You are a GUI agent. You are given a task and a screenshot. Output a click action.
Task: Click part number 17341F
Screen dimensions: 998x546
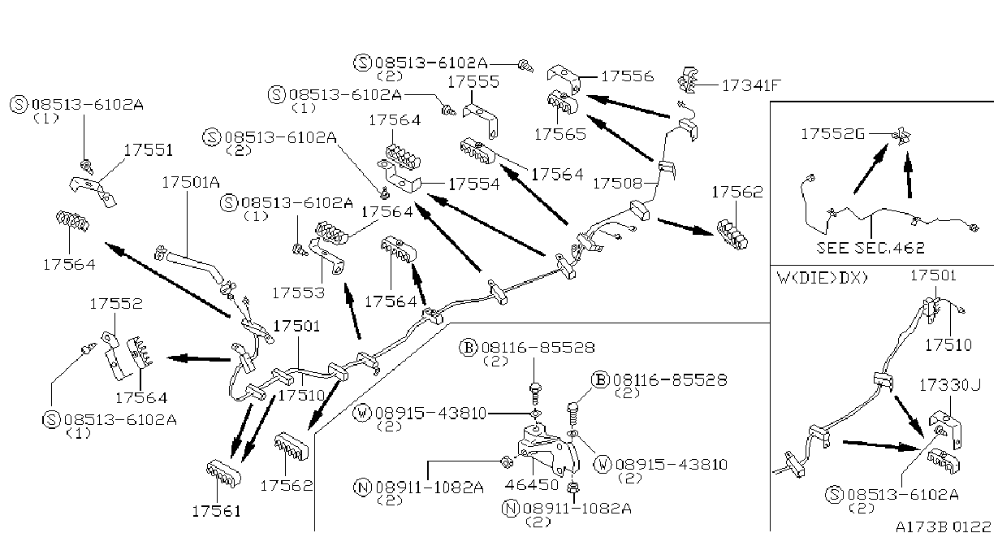(x=751, y=85)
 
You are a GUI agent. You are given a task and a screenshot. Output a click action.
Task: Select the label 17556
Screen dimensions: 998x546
(x=628, y=76)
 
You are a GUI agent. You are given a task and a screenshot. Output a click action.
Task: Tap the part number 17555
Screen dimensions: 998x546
(x=473, y=81)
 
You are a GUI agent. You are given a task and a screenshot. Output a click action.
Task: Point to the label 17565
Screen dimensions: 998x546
(x=560, y=134)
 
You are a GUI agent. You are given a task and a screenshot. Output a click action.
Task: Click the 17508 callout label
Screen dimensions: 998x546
(x=618, y=183)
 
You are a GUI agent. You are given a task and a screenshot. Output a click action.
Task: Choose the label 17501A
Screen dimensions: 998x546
(x=191, y=182)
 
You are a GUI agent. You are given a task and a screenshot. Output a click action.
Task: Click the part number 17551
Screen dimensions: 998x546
(x=148, y=150)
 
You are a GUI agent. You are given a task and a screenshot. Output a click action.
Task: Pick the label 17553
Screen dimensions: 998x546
(x=299, y=292)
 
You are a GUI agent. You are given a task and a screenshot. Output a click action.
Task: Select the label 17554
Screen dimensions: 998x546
(x=474, y=184)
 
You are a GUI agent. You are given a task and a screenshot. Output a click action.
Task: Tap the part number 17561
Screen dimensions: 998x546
(x=217, y=511)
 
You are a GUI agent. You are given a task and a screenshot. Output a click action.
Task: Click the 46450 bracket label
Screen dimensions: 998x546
(x=532, y=484)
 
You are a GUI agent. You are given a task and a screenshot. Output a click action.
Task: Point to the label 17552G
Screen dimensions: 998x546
(x=832, y=134)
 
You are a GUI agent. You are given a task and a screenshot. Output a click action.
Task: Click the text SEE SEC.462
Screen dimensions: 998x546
(x=871, y=248)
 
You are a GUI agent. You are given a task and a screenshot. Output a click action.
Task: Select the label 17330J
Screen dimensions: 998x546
(x=950, y=385)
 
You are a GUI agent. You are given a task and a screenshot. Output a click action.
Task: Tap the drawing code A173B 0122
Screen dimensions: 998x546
(x=944, y=527)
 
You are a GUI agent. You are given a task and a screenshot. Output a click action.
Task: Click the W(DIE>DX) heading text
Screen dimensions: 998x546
(x=823, y=278)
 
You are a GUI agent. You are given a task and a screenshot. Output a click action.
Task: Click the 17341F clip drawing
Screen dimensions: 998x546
(x=688, y=80)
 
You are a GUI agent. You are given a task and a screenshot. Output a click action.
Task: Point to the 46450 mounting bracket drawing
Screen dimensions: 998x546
(x=548, y=450)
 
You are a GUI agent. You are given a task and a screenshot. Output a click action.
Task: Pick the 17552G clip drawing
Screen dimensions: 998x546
(x=902, y=136)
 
